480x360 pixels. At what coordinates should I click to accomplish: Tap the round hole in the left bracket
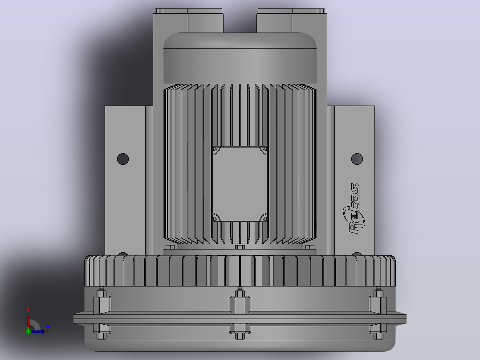(123, 159)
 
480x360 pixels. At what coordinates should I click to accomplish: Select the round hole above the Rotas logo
(357, 159)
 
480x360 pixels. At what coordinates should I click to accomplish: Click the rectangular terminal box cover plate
(240, 184)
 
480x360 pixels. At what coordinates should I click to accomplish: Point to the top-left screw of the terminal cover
(215, 150)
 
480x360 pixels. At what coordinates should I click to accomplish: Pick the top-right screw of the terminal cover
(265, 150)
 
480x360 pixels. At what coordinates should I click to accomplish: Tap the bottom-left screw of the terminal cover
(215, 218)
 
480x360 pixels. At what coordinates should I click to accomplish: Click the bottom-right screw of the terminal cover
(265, 218)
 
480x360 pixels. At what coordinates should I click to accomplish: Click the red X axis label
(28, 311)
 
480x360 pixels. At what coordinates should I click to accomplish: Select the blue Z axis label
(48, 329)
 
